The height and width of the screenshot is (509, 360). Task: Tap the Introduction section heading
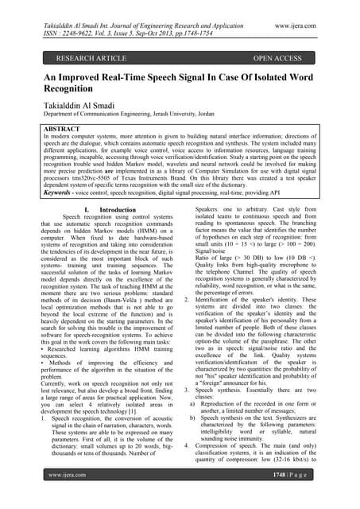click(112, 209)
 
